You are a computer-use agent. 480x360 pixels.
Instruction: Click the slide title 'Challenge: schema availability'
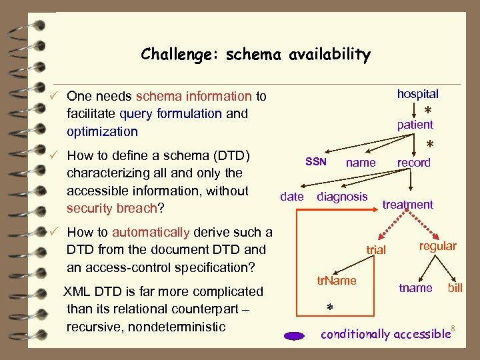[x=255, y=54]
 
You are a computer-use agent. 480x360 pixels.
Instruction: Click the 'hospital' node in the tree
[x=417, y=94]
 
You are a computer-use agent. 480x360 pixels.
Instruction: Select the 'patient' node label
[x=415, y=125]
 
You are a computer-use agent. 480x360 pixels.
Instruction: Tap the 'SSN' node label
[x=316, y=162]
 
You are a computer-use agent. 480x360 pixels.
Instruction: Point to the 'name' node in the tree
[x=361, y=163]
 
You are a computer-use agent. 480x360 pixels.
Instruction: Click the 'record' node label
[x=414, y=163]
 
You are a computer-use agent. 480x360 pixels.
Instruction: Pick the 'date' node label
[x=292, y=197]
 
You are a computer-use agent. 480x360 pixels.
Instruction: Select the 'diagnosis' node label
[x=342, y=197]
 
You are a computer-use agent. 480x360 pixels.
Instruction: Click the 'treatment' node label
[x=407, y=205]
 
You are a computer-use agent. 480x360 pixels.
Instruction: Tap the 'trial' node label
[x=376, y=249]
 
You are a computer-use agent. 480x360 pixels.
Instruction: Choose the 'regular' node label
[x=437, y=246]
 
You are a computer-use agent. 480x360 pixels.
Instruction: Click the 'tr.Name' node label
[x=337, y=281]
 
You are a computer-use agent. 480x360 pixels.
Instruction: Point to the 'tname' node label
[x=415, y=288]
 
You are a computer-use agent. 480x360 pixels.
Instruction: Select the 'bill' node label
[x=455, y=288]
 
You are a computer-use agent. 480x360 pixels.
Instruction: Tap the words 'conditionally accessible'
[x=385, y=334]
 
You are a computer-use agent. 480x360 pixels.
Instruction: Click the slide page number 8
[x=453, y=327]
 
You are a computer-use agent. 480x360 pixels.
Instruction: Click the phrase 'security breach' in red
[x=111, y=209]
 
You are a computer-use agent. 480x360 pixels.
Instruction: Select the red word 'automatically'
[x=151, y=233]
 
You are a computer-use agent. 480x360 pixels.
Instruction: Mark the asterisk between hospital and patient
[x=428, y=111]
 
